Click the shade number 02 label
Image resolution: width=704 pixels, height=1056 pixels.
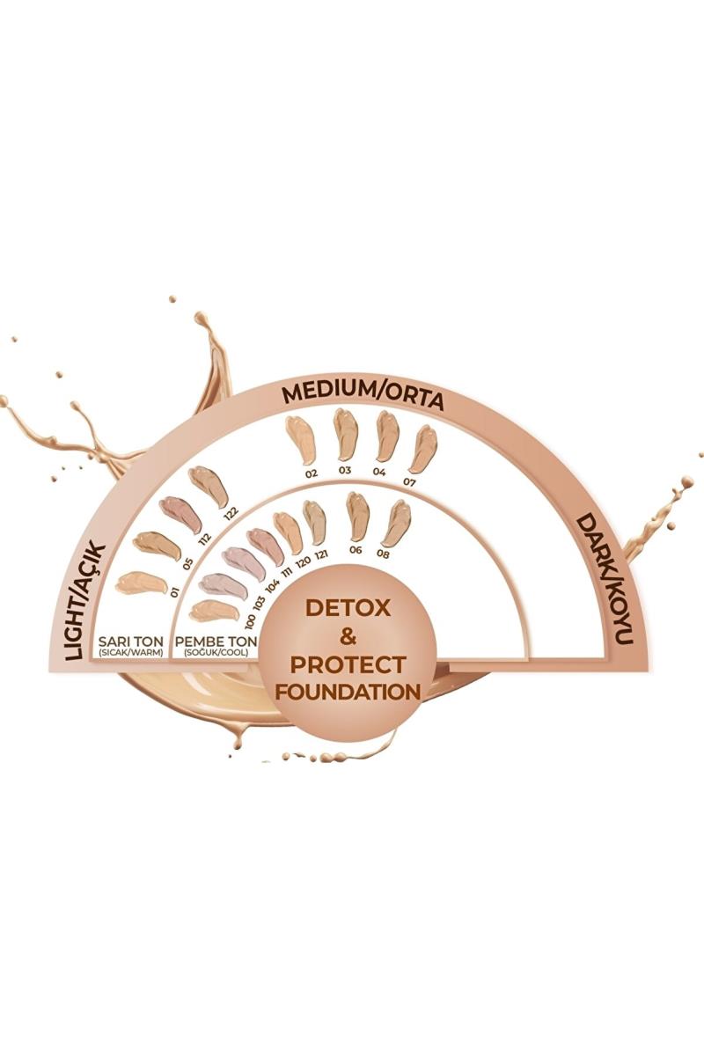pos(311,473)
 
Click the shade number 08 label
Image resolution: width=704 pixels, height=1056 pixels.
pos(384,554)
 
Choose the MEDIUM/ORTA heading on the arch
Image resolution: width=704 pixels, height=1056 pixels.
pos(363,397)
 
